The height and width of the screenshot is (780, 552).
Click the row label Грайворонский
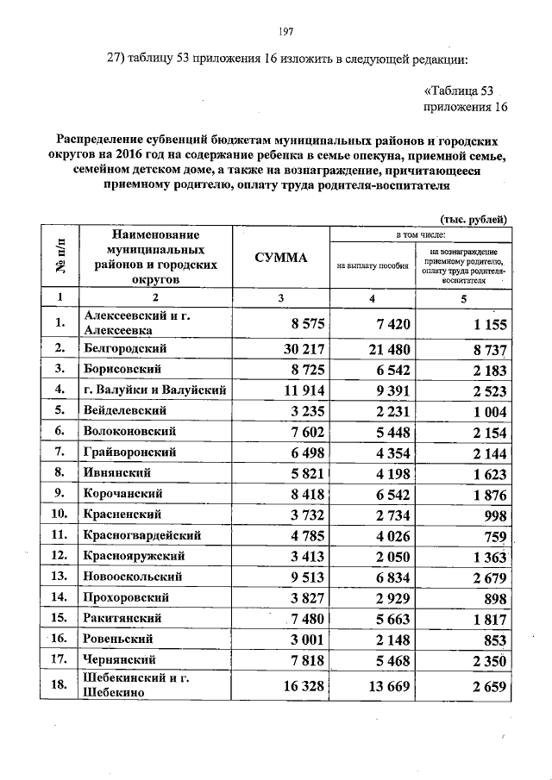point(130,452)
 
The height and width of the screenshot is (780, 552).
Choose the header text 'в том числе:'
point(418,234)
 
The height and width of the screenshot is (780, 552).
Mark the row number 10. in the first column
point(60,515)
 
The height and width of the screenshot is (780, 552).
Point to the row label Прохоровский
point(126,597)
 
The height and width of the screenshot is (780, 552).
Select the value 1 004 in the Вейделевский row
point(483,411)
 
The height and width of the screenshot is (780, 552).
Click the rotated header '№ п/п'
point(60,257)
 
